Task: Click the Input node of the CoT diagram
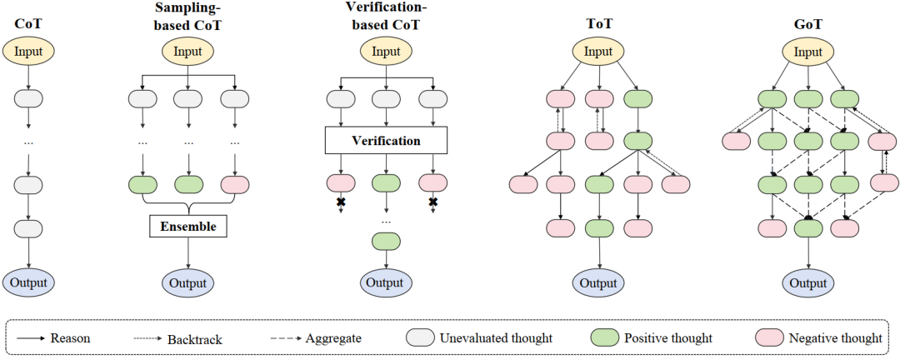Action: (28, 52)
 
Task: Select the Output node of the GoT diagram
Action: (807, 282)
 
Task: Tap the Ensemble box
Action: (188, 226)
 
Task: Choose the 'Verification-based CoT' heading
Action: (382, 16)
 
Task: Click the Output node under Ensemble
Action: (188, 282)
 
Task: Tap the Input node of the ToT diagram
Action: (598, 52)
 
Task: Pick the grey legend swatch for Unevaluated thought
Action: (422, 337)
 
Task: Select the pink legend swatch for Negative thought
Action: (771, 337)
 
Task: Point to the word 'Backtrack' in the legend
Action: (196, 339)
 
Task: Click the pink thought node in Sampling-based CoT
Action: (235, 184)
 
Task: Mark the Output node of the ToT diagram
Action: (598, 282)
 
